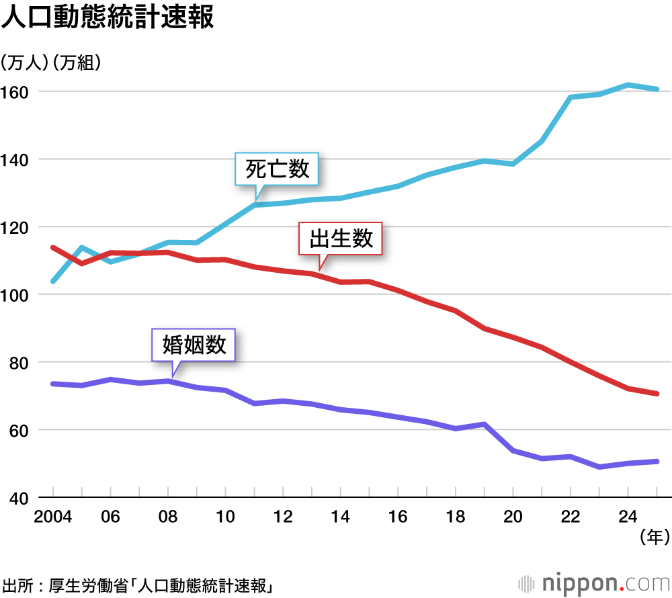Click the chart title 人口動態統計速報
point(108,19)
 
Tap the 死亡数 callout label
point(277,169)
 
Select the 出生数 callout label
point(341,239)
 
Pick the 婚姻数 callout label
point(194,345)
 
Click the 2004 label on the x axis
point(52,517)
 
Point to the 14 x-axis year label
point(340,517)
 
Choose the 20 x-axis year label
point(513,517)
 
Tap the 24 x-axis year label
point(628,517)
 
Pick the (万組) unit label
point(77,63)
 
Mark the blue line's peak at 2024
point(628,85)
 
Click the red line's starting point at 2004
point(53,247)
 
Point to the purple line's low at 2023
point(599,466)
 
